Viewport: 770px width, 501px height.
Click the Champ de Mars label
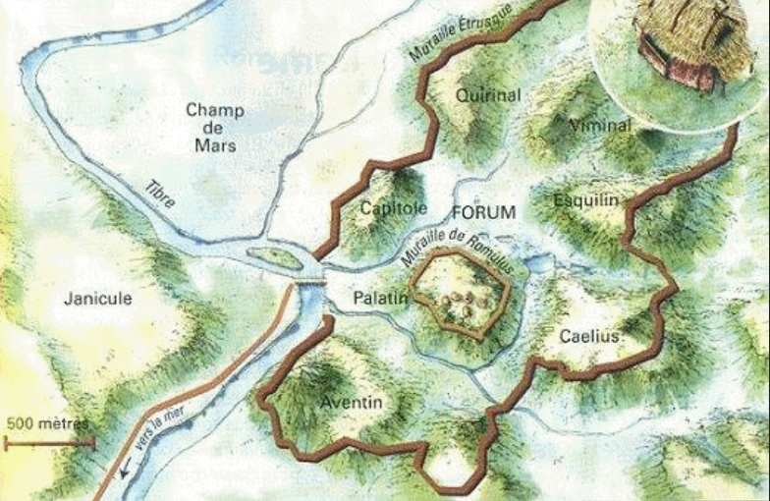pyautogui.click(x=215, y=127)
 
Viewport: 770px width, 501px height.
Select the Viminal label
pyautogui.click(x=600, y=125)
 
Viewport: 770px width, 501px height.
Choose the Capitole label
pyautogui.click(x=393, y=208)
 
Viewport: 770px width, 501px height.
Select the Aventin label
pyautogui.click(x=352, y=403)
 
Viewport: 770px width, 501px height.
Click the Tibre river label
pyautogui.click(x=160, y=194)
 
